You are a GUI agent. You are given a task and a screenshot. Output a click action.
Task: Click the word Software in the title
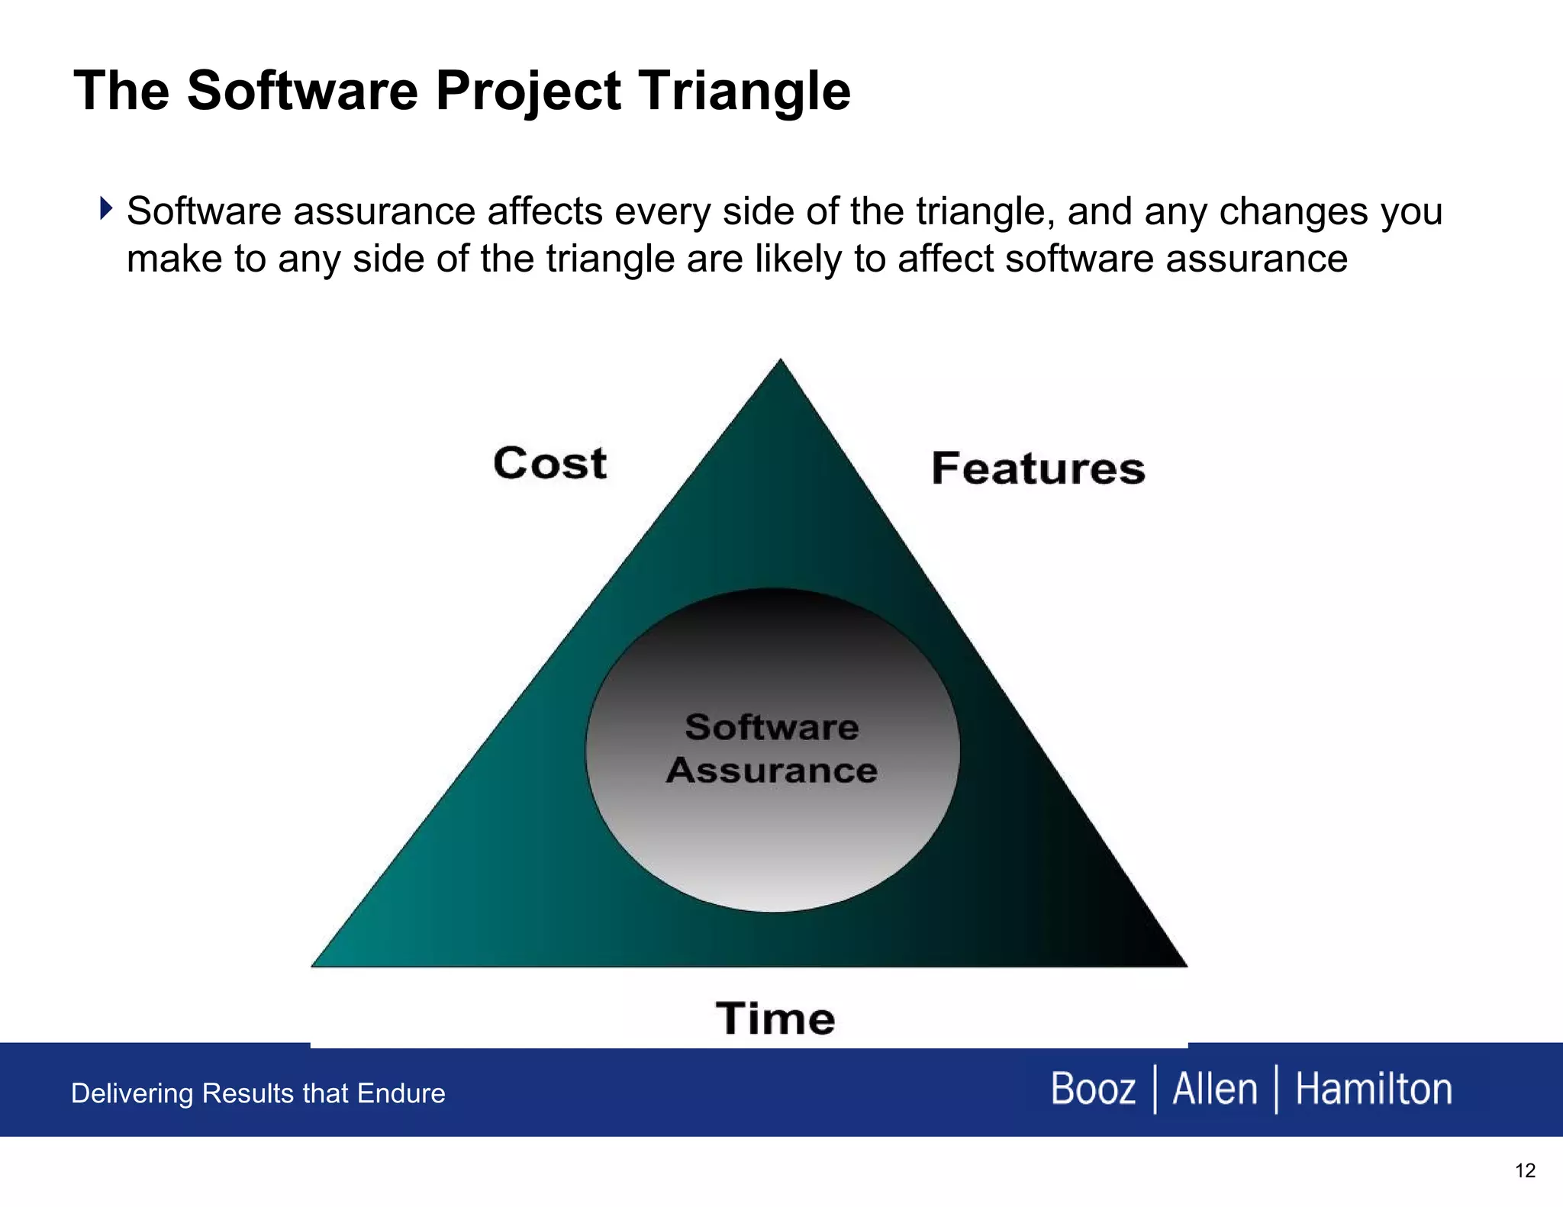click(302, 92)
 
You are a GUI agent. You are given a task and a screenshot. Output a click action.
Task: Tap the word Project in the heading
click(528, 92)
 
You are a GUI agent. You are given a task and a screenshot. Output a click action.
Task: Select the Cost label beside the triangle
click(549, 463)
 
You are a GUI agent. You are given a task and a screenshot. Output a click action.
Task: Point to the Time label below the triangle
click(775, 1019)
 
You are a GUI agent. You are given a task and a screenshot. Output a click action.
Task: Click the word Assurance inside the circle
click(772, 770)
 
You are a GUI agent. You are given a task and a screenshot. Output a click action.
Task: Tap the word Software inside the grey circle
click(772, 726)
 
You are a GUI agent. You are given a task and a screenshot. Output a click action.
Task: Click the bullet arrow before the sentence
click(106, 208)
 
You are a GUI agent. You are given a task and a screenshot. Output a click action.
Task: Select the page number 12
click(1525, 1170)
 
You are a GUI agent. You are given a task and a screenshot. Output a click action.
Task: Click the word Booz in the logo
click(1093, 1089)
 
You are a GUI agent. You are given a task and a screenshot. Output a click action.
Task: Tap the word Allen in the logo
click(1214, 1089)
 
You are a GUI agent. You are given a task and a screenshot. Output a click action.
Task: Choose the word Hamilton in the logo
click(1374, 1089)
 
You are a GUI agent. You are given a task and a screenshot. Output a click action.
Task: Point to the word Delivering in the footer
click(131, 1093)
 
